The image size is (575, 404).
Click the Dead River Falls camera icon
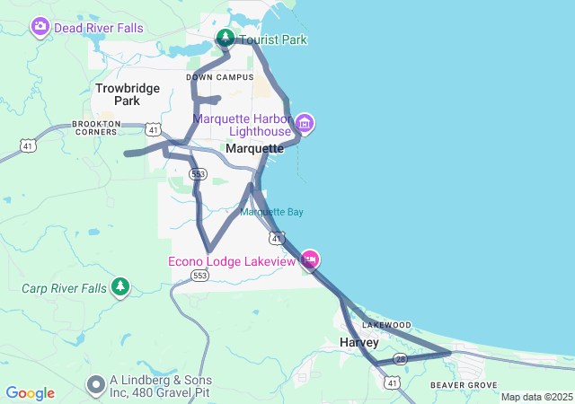tap(40, 27)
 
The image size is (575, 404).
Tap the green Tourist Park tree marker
tap(225, 39)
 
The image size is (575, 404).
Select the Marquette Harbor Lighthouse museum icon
tap(304, 123)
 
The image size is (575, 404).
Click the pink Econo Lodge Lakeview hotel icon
tap(310, 260)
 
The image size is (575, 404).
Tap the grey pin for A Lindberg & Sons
tap(96, 385)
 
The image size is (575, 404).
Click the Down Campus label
tap(213, 77)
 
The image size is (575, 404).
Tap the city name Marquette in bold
tap(255, 149)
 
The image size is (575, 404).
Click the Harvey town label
tap(359, 343)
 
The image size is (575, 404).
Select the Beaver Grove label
tap(464, 385)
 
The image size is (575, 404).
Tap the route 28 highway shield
tap(401, 358)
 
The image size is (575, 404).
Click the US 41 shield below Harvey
tap(392, 383)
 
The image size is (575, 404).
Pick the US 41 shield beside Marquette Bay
tap(278, 238)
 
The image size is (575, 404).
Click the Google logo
tap(30, 393)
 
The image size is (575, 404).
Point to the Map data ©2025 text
tap(535, 397)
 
